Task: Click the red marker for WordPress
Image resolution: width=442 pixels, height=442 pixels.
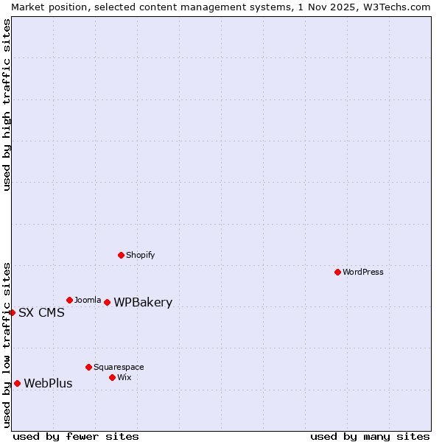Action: pyautogui.click(x=337, y=272)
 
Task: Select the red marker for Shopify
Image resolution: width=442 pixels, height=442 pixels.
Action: pyautogui.click(x=121, y=255)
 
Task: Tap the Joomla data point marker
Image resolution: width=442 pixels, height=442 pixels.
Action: pyautogui.click(x=69, y=300)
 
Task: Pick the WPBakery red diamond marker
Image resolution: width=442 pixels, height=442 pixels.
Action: pyautogui.click(x=107, y=302)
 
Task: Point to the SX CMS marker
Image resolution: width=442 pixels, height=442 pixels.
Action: pyautogui.click(x=12, y=312)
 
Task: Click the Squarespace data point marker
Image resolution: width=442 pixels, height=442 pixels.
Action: pyautogui.click(x=88, y=367)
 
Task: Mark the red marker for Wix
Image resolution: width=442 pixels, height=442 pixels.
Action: pyautogui.click(x=112, y=377)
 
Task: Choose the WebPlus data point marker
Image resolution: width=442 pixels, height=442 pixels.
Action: pyautogui.click(x=17, y=383)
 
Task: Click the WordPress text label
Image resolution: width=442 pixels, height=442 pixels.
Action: pyautogui.click(x=363, y=272)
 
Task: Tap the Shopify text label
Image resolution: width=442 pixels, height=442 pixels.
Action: pyautogui.click(x=140, y=255)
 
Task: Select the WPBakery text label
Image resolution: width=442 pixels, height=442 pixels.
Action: pyautogui.click(x=143, y=302)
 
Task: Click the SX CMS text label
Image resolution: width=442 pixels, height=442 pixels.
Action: pyautogui.click(x=41, y=312)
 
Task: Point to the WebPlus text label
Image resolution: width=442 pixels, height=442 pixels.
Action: pyautogui.click(x=48, y=383)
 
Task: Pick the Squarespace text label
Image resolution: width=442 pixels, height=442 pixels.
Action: pyautogui.click(x=119, y=367)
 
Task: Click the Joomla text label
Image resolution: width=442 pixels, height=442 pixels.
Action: pyautogui.click(x=88, y=300)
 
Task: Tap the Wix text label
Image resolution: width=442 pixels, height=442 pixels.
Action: pyautogui.click(x=124, y=377)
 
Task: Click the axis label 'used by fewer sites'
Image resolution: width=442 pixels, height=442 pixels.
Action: pyautogui.click(x=76, y=436)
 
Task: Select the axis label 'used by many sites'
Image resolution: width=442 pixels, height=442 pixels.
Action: pyautogui.click(x=370, y=436)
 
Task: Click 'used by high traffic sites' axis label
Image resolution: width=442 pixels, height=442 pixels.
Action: pyautogui.click(x=7, y=105)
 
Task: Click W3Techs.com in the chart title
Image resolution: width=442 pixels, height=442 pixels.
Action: pyautogui.click(x=395, y=7)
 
